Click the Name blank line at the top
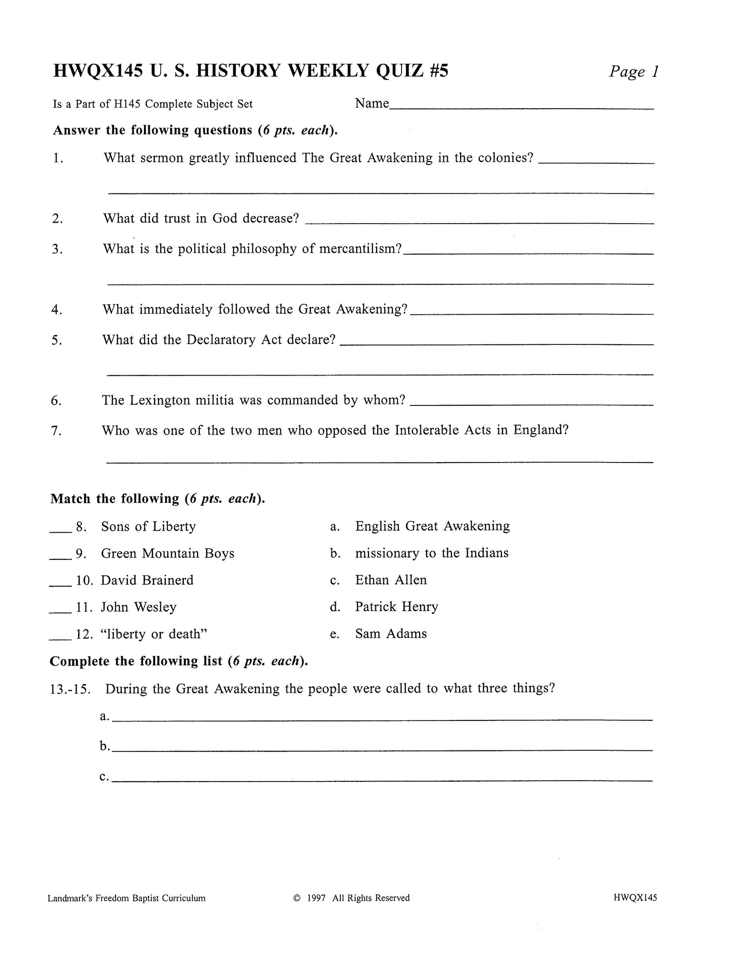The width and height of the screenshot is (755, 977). tap(521, 107)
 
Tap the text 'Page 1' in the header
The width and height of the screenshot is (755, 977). tap(633, 71)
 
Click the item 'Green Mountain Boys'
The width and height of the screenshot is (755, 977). tap(167, 554)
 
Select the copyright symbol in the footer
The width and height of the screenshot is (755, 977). tap(296, 898)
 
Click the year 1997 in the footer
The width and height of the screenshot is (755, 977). tap(316, 898)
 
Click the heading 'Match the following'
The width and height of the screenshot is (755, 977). tap(115, 499)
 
